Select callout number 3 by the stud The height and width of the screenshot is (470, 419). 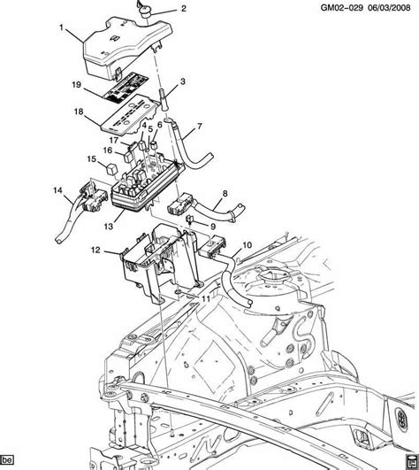pos(183,82)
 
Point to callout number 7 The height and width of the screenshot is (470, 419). pos(199,127)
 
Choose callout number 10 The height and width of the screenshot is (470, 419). pos(246,244)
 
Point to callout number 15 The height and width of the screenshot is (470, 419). pos(90,159)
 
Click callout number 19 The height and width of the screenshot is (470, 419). pos(78,84)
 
